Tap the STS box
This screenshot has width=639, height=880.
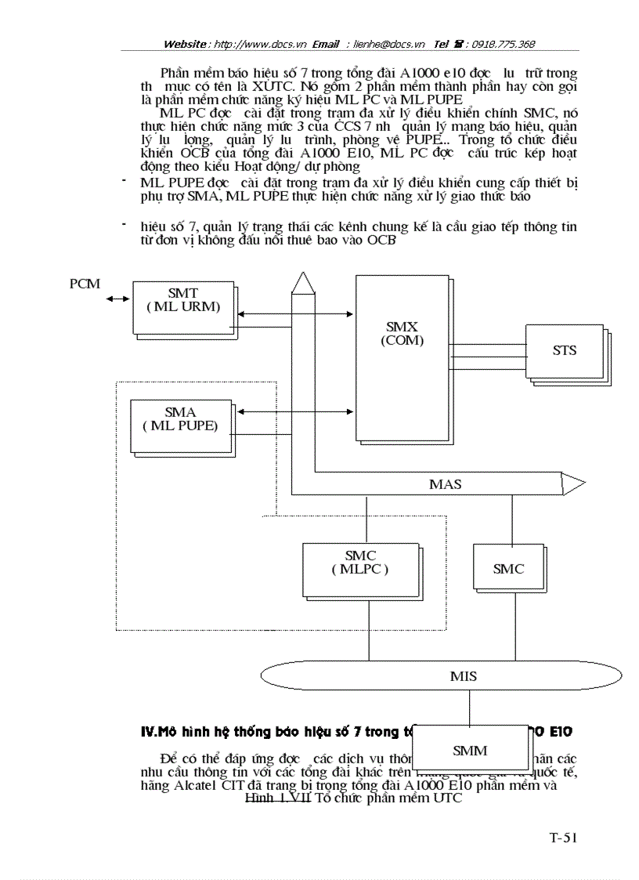564,350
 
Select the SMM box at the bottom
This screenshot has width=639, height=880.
469,750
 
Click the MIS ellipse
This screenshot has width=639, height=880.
463,675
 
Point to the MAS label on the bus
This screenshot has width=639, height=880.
445,484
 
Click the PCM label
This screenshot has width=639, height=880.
85,283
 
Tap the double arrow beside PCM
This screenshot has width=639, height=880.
119,299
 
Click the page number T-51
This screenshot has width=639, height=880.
562,838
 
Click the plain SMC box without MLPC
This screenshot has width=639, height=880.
508,569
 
